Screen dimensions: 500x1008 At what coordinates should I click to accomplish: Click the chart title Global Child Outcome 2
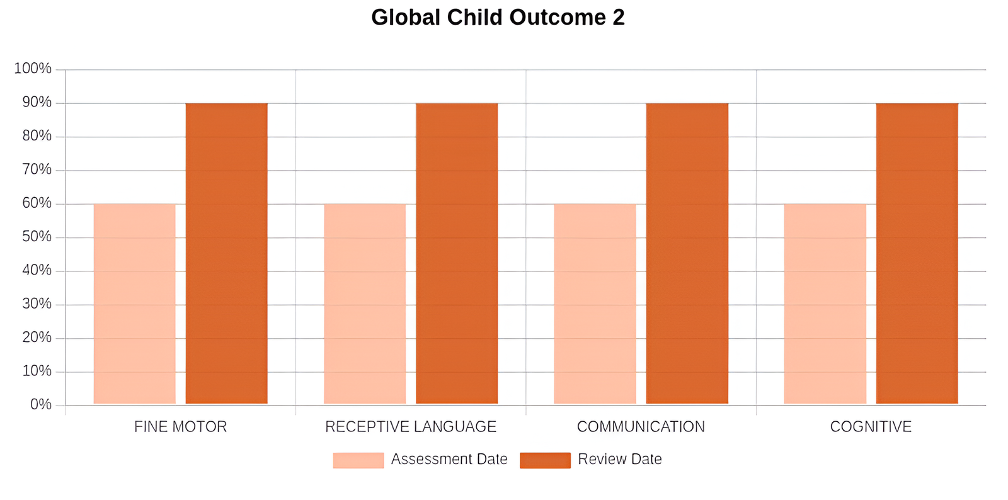point(498,18)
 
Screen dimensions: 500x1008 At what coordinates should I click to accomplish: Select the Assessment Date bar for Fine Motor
point(135,304)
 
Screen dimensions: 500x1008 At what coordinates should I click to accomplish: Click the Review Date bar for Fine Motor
point(227,253)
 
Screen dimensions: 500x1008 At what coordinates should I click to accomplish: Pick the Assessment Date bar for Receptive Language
point(365,304)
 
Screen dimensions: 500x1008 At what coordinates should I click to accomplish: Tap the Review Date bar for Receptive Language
point(457,253)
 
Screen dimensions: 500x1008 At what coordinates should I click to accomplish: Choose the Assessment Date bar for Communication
point(595,304)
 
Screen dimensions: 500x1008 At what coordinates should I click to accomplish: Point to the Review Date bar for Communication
point(687,253)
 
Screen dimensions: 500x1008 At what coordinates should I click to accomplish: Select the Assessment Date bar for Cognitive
point(825,304)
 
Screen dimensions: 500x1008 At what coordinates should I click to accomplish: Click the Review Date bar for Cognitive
point(917,253)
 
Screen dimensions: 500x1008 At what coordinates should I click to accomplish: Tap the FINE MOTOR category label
point(180,427)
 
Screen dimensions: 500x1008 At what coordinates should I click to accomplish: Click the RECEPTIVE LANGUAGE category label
point(411,427)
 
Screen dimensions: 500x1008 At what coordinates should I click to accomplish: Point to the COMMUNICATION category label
point(641,427)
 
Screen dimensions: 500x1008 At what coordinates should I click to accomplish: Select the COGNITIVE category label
point(871,427)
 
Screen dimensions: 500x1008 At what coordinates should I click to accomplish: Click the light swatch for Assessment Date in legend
point(358,460)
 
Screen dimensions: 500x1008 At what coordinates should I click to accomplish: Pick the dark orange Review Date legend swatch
point(545,460)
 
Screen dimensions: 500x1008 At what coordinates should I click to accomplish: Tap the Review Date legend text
point(620,460)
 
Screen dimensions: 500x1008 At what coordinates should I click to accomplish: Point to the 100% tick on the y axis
point(33,69)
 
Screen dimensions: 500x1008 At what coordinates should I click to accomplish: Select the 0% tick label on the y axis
point(41,404)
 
